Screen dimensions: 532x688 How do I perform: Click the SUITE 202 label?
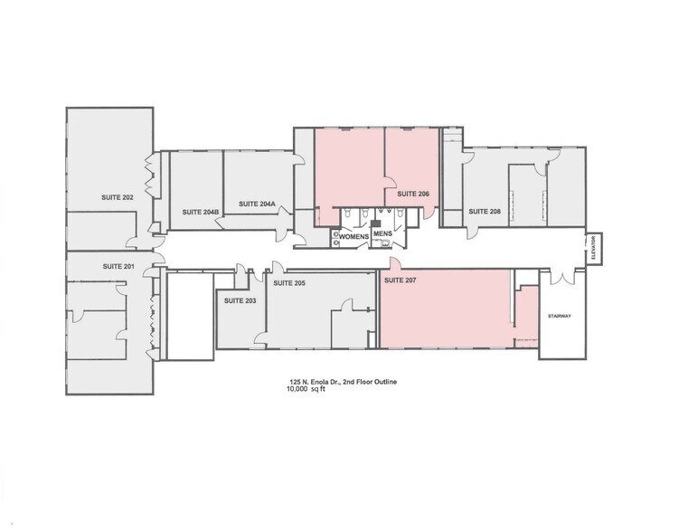pyautogui.click(x=116, y=196)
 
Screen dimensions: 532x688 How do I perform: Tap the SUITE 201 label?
pyautogui.click(x=118, y=266)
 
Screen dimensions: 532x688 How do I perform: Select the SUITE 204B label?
pyautogui.click(x=200, y=212)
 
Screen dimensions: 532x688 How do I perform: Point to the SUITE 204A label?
pyautogui.click(x=257, y=204)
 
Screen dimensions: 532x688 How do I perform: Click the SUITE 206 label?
pyautogui.click(x=412, y=195)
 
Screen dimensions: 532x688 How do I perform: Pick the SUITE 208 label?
pyautogui.click(x=484, y=212)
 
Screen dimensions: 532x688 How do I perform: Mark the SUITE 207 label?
pyautogui.click(x=401, y=280)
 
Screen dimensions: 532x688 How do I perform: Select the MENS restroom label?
pyautogui.click(x=382, y=234)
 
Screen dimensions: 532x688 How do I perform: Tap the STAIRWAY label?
pyautogui.click(x=561, y=317)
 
